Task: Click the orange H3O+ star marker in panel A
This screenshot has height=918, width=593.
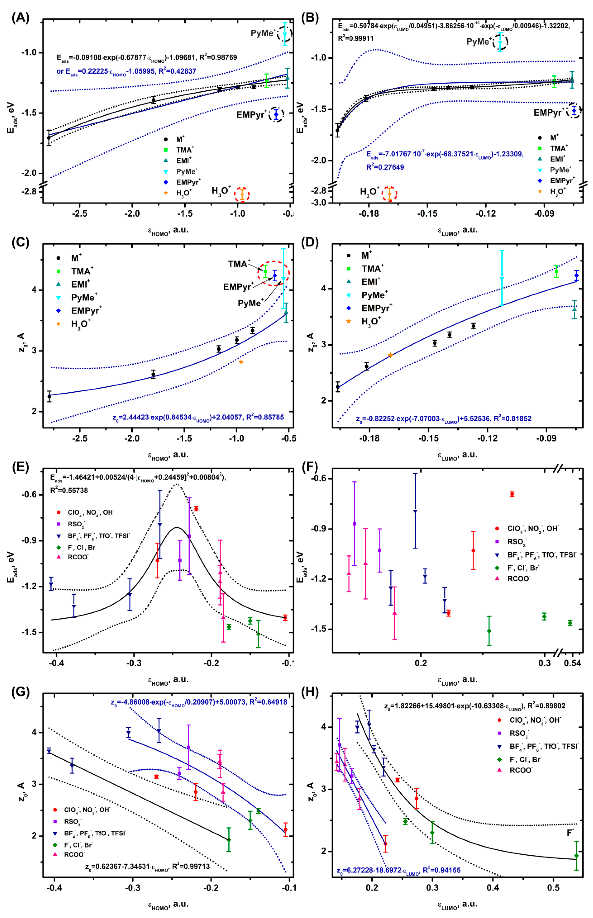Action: (242, 194)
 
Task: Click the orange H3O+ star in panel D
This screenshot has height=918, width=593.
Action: (390, 355)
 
